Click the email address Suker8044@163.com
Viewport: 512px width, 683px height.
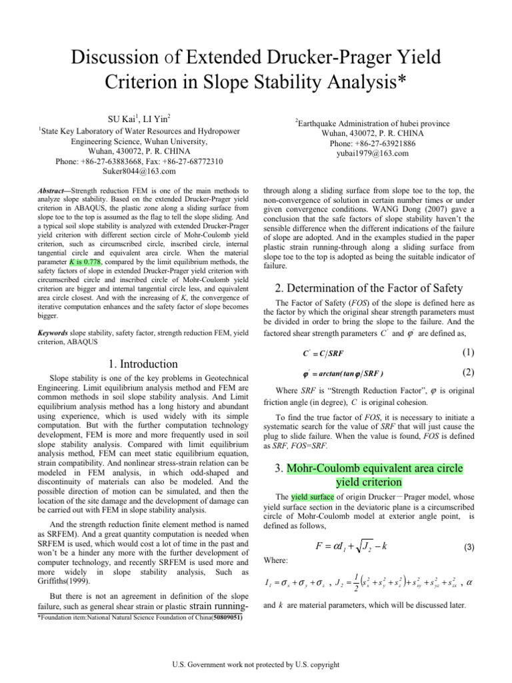coord(139,171)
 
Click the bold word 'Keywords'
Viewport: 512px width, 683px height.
coord(54,331)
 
